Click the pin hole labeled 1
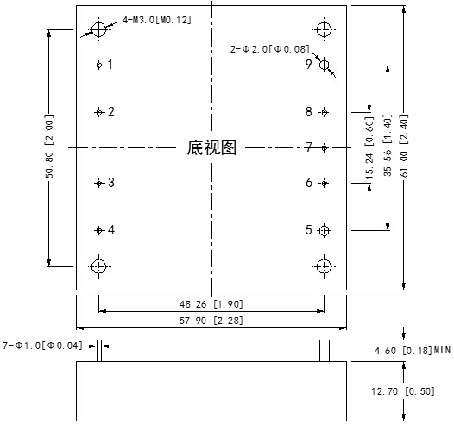(99, 65)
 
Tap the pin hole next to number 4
(99, 230)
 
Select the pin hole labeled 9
(325, 64)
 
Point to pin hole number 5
(325, 230)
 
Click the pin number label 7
(308, 147)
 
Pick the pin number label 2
(111, 111)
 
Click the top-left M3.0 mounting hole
(99, 30)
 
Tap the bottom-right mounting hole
(325, 265)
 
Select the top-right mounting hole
(325, 30)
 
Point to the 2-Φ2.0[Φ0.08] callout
(268, 49)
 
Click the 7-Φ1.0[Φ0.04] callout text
(43, 346)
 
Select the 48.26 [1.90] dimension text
(211, 304)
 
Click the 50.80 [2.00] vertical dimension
(49, 147)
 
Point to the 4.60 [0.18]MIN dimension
(412, 351)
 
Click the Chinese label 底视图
(211, 148)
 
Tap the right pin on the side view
(325, 350)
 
